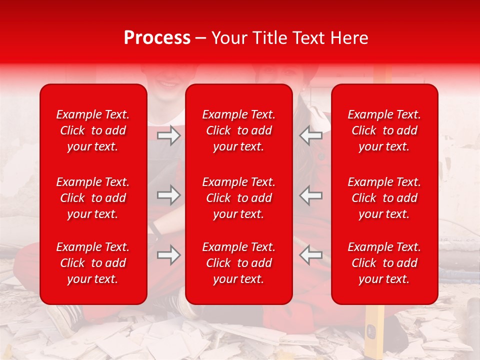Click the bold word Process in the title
point(157,38)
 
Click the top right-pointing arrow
point(168,135)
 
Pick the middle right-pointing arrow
point(168,195)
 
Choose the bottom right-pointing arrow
point(168,255)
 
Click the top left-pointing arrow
point(311,135)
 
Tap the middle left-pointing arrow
point(311,195)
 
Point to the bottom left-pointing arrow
point(311,255)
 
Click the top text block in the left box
point(93,130)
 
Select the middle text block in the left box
point(93,198)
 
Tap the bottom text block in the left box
point(93,263)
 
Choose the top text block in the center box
point(238,130)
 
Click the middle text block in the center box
point(238,198)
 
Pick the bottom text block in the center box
point(238,263)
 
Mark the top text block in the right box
point(384,130)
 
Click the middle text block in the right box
point(384,198)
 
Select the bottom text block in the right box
point(384,263)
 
